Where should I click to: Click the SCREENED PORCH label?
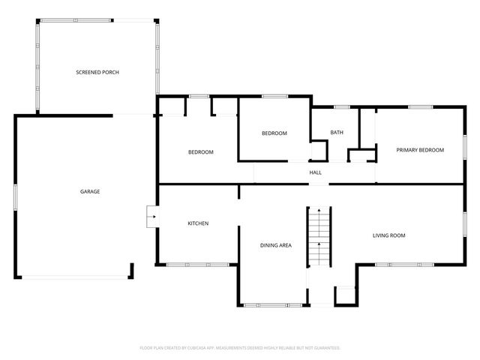click(x=97, y=72)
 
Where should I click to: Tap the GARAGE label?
click(x=90, y=192)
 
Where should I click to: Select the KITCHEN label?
click(x=198, y=223)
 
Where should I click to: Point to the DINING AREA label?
click(x=276, y=245)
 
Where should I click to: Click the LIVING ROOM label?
click(x=388, y=235)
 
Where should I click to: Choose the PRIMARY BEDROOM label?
click(x=420, y=150)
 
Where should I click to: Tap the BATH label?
click(x=337, y=132)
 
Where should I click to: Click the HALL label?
click(x=315, y=172)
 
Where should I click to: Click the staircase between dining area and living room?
click(x=319, y=236)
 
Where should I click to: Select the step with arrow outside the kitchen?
click(x=151, y=217)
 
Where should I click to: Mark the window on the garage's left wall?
click(x=15, y=197)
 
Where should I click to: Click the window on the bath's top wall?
click(x=342, y=107)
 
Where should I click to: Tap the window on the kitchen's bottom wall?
click(x=198, y=265)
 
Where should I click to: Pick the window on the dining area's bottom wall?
click(x=273, y=305)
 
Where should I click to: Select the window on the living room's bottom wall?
click(x=404, y=265)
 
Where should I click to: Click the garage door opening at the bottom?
click(x=75, y=277)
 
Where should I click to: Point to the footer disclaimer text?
click(x=240, y=348)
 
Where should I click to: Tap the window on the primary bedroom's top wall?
click(x=421, y=107)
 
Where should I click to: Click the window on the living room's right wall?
click(x=465, y=224)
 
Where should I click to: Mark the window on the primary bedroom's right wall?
click(x=465, y=147)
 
